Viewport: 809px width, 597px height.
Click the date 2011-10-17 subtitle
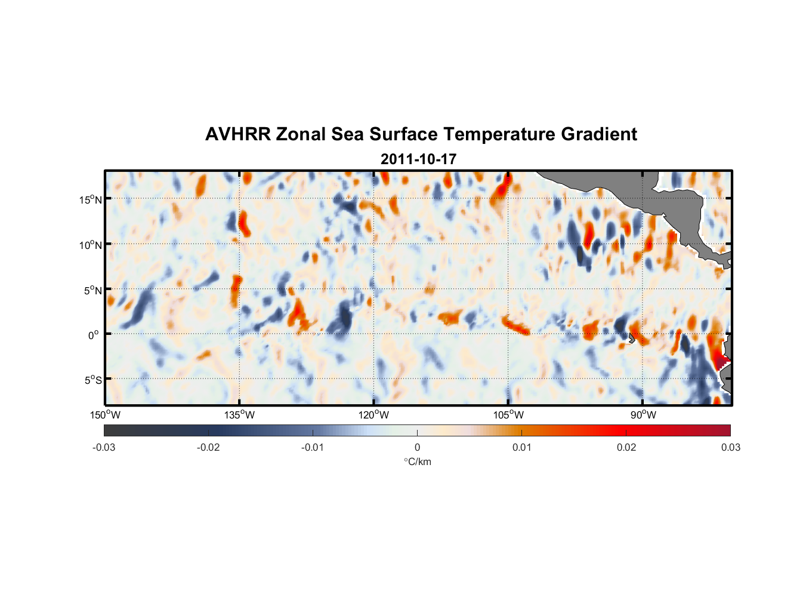tap(418, 159)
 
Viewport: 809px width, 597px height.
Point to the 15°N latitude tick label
tap(90, 199)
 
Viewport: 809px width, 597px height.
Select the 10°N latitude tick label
tap(90, 245)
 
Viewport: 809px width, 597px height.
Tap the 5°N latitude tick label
tap(92, 290)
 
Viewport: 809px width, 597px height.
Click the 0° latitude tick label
tap(93, 335)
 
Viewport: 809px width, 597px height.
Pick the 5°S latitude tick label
tap(92, 380)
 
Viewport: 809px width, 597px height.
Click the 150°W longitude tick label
tap(105, 415)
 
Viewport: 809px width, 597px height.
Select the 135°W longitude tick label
tap(239, 415)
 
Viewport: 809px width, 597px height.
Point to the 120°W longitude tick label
tap(374, 415)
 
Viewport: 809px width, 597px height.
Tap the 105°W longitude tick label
tap(508, 415)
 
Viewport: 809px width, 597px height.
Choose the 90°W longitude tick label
tap(643, 415)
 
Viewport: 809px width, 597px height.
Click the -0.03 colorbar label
tap(104, 447)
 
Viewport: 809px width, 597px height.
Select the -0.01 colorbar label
tap(313, 447)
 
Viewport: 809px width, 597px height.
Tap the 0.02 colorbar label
tap(626, 447)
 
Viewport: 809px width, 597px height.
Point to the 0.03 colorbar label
tap(730, 447)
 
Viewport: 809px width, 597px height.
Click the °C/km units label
tap(417, 461)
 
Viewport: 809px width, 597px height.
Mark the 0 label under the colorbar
tap(417, 447)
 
